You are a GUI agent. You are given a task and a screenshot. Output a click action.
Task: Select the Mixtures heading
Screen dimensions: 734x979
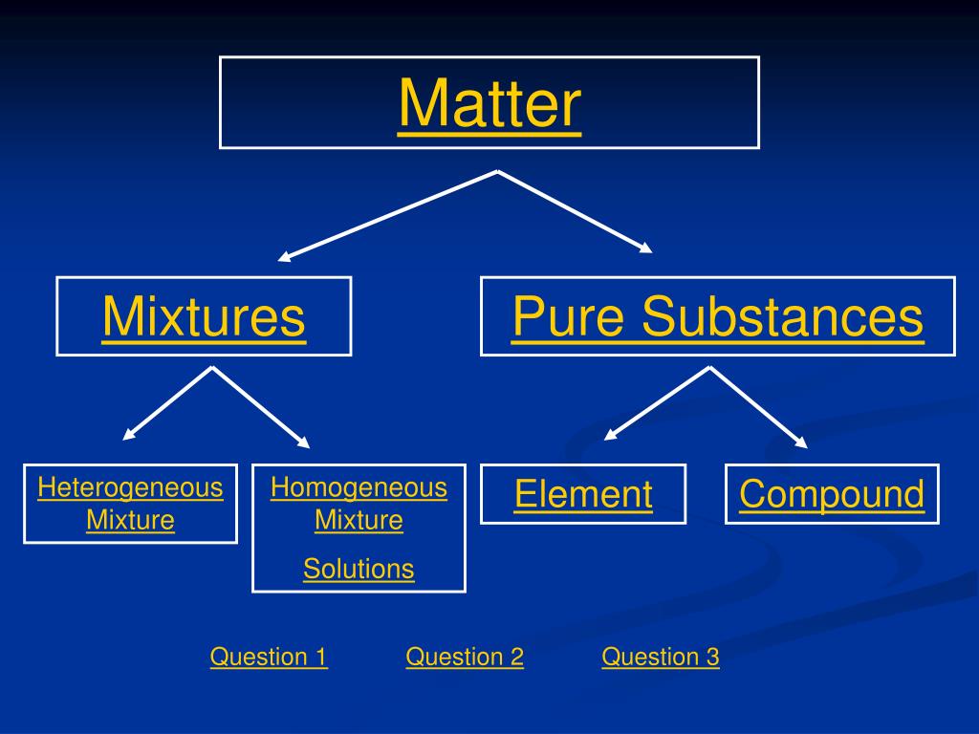(x=204, y=316)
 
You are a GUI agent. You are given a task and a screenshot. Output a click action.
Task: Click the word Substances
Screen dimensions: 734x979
(x=782, y=316)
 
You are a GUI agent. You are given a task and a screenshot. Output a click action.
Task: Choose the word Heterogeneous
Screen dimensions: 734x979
(x=130, y=488)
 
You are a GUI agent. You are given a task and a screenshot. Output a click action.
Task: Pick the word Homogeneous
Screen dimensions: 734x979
(x=359, y=488)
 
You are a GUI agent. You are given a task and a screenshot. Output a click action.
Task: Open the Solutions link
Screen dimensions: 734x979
(x=359, y=570)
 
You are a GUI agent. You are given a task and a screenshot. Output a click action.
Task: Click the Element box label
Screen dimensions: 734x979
(x=583, y=494)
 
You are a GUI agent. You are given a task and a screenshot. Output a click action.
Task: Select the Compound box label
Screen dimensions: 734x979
(x=832, y=494)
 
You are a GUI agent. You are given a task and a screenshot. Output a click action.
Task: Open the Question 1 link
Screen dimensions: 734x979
(x=269, y=657)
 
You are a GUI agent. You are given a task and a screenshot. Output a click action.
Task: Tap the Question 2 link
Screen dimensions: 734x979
(x=465, y=657)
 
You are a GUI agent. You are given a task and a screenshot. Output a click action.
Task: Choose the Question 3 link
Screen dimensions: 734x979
(x=661, y=657)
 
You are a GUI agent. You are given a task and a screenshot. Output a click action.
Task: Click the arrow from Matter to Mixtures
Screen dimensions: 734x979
(x=387, y=216)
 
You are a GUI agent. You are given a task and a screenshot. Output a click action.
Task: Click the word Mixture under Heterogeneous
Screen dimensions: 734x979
(x=130, y=521)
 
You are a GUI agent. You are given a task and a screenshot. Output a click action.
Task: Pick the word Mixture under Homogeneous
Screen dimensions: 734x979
(x=359, y=521)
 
